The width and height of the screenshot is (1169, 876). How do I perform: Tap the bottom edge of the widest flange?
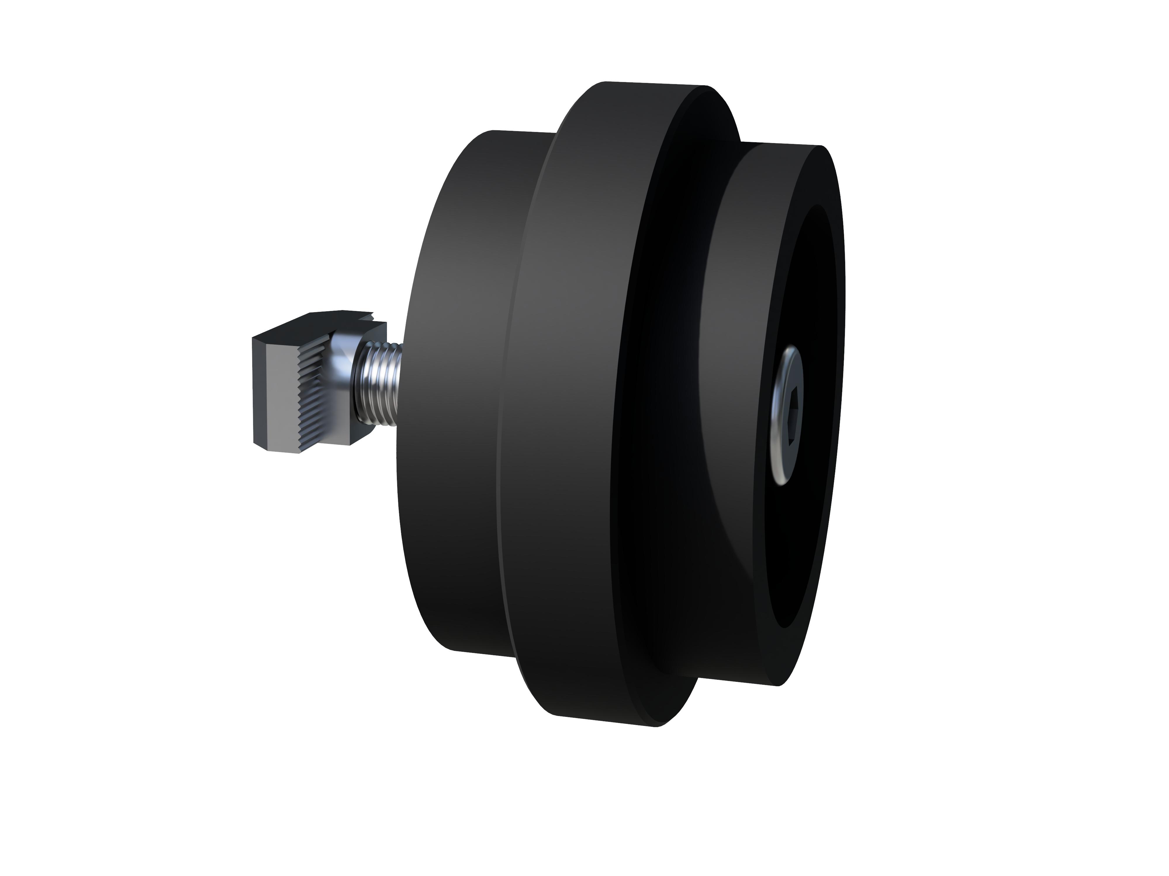click(602, 721)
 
